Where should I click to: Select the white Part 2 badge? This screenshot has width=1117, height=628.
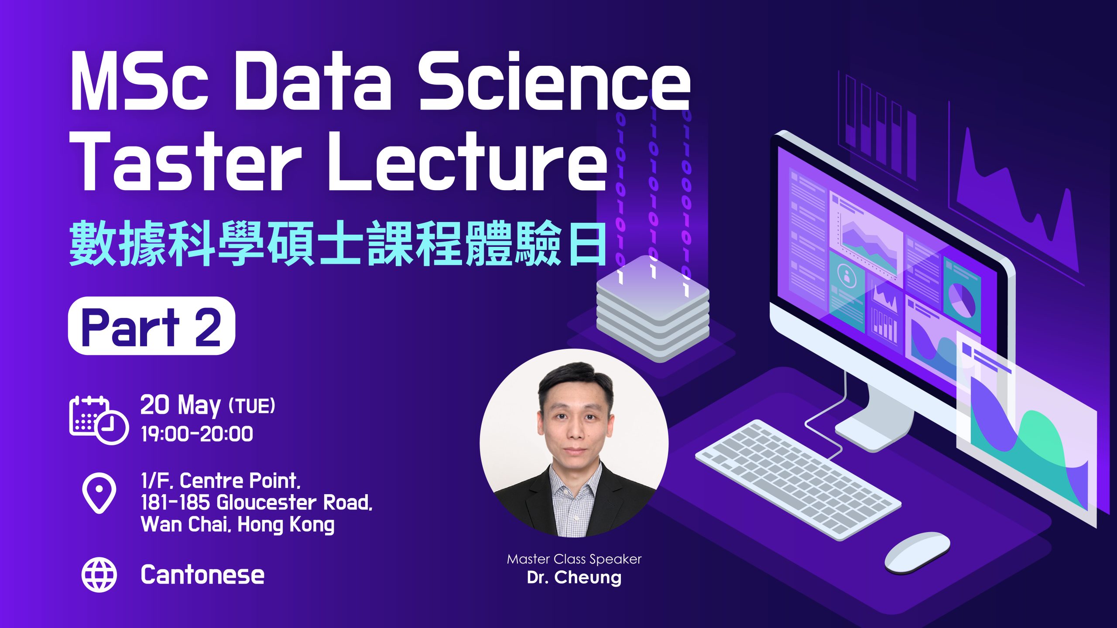(x=151, y=326)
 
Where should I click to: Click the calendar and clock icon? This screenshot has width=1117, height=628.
(x=99, y=420)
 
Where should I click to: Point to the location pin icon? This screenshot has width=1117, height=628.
(x=99, y=493)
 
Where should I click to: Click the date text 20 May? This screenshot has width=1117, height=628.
(x=181, y=406)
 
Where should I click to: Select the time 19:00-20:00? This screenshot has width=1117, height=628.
(x=197, y=434)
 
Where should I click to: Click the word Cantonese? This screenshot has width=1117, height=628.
(x=202, y=575)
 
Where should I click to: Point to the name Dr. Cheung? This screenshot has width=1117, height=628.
(x=574, y=577)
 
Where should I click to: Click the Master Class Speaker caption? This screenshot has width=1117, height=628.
(x=574, y=559)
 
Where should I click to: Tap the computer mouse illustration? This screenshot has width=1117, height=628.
(x=917, y=552)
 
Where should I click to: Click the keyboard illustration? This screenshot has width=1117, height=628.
(x=798, y=480)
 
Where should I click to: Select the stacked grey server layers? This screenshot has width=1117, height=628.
(x=653, y=309)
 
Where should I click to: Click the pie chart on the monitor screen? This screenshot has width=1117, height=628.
(x=962, y=300)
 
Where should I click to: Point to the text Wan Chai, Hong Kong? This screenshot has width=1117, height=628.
(x=238, y=524)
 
